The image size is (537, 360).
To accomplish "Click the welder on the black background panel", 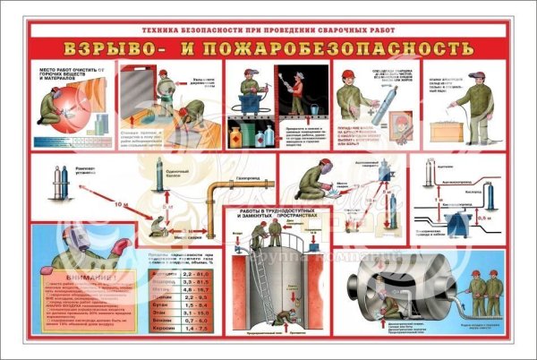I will (x=296, y=94).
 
